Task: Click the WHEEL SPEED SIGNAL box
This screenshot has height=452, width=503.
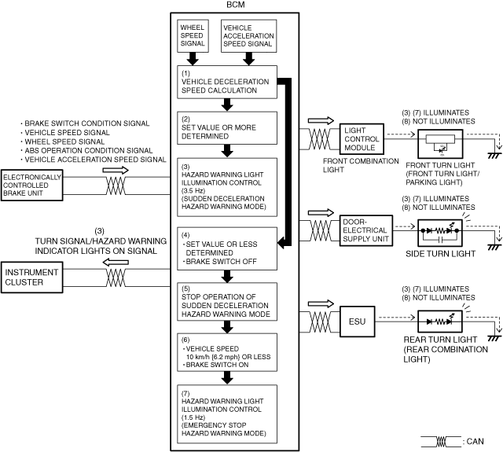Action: [193, 36]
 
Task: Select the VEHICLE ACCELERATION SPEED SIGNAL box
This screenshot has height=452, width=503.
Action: [248, 36]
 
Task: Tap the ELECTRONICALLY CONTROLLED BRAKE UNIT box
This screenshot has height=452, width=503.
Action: [31, 185]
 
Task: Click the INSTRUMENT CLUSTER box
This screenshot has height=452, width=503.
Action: [31, 277]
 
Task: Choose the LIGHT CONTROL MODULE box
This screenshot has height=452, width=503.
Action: [362, 139]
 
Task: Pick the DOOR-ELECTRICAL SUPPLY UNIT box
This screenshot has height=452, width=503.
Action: [366, 230]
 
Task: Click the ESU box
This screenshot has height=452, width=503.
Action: [357, 322]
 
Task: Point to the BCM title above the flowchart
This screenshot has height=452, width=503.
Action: [236, 5]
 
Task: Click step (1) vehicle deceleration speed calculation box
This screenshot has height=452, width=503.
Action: [227, 82]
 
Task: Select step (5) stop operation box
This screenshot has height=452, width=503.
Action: [227, 302]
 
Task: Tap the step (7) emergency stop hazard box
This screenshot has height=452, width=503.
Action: [227, 414]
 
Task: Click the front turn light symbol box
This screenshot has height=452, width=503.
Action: [440, 144]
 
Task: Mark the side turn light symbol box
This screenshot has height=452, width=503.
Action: [440, 233]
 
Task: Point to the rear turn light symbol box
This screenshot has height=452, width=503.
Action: [440, 322]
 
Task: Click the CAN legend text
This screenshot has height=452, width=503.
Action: [475, 442]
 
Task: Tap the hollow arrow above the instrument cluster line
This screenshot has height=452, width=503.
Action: [116, 263]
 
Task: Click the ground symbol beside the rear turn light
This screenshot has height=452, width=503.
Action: [494, 339]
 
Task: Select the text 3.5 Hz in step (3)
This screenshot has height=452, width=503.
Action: [193, 190]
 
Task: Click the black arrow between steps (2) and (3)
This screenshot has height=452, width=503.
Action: [227, 151]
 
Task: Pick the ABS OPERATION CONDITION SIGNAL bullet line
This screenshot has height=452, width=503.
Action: [86, 150]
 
